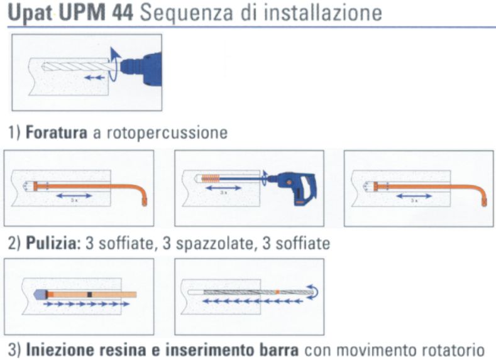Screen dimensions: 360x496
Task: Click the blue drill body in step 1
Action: pyautogui.click(x=141, y=66)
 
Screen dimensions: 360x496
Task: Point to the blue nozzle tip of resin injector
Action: pyautogui.click(x=38, y=293)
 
